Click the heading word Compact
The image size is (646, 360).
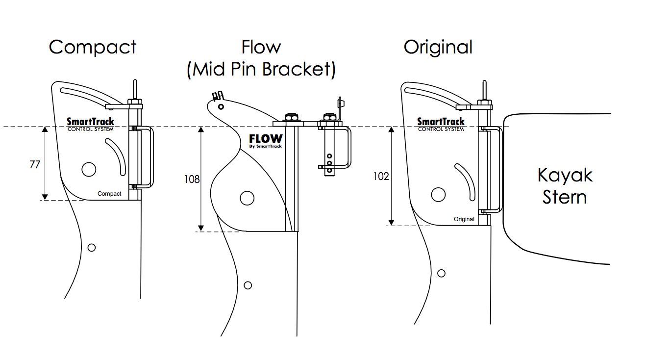(x=93, y=47)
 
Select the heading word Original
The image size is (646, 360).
(x=438, y=47)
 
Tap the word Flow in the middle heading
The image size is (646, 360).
(x=261, y=47)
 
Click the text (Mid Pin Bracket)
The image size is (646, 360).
(x=261, y=69)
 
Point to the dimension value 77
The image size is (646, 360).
(x=35, y=165)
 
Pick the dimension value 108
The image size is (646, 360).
(x=192, y=180)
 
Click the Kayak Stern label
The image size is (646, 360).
(x=565, y=186)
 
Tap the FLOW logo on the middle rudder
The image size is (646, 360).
(x=266, y=140)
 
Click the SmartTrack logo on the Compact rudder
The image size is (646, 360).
(x=90, y=124)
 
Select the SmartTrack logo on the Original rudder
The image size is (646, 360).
(x=441, y=124)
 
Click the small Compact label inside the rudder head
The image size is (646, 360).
(x=109, y=194)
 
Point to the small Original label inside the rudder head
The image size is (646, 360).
(x=464, y=219)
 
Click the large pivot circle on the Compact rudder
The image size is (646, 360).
(x=89, y=169)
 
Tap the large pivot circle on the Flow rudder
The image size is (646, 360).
(x=247, y=198)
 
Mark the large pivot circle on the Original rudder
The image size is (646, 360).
(x=438, y=195)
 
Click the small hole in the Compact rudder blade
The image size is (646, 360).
(x=91, y=247)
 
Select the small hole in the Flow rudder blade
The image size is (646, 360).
(x=249, y=285)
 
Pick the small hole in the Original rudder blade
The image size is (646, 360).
(x=441, y=273)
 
